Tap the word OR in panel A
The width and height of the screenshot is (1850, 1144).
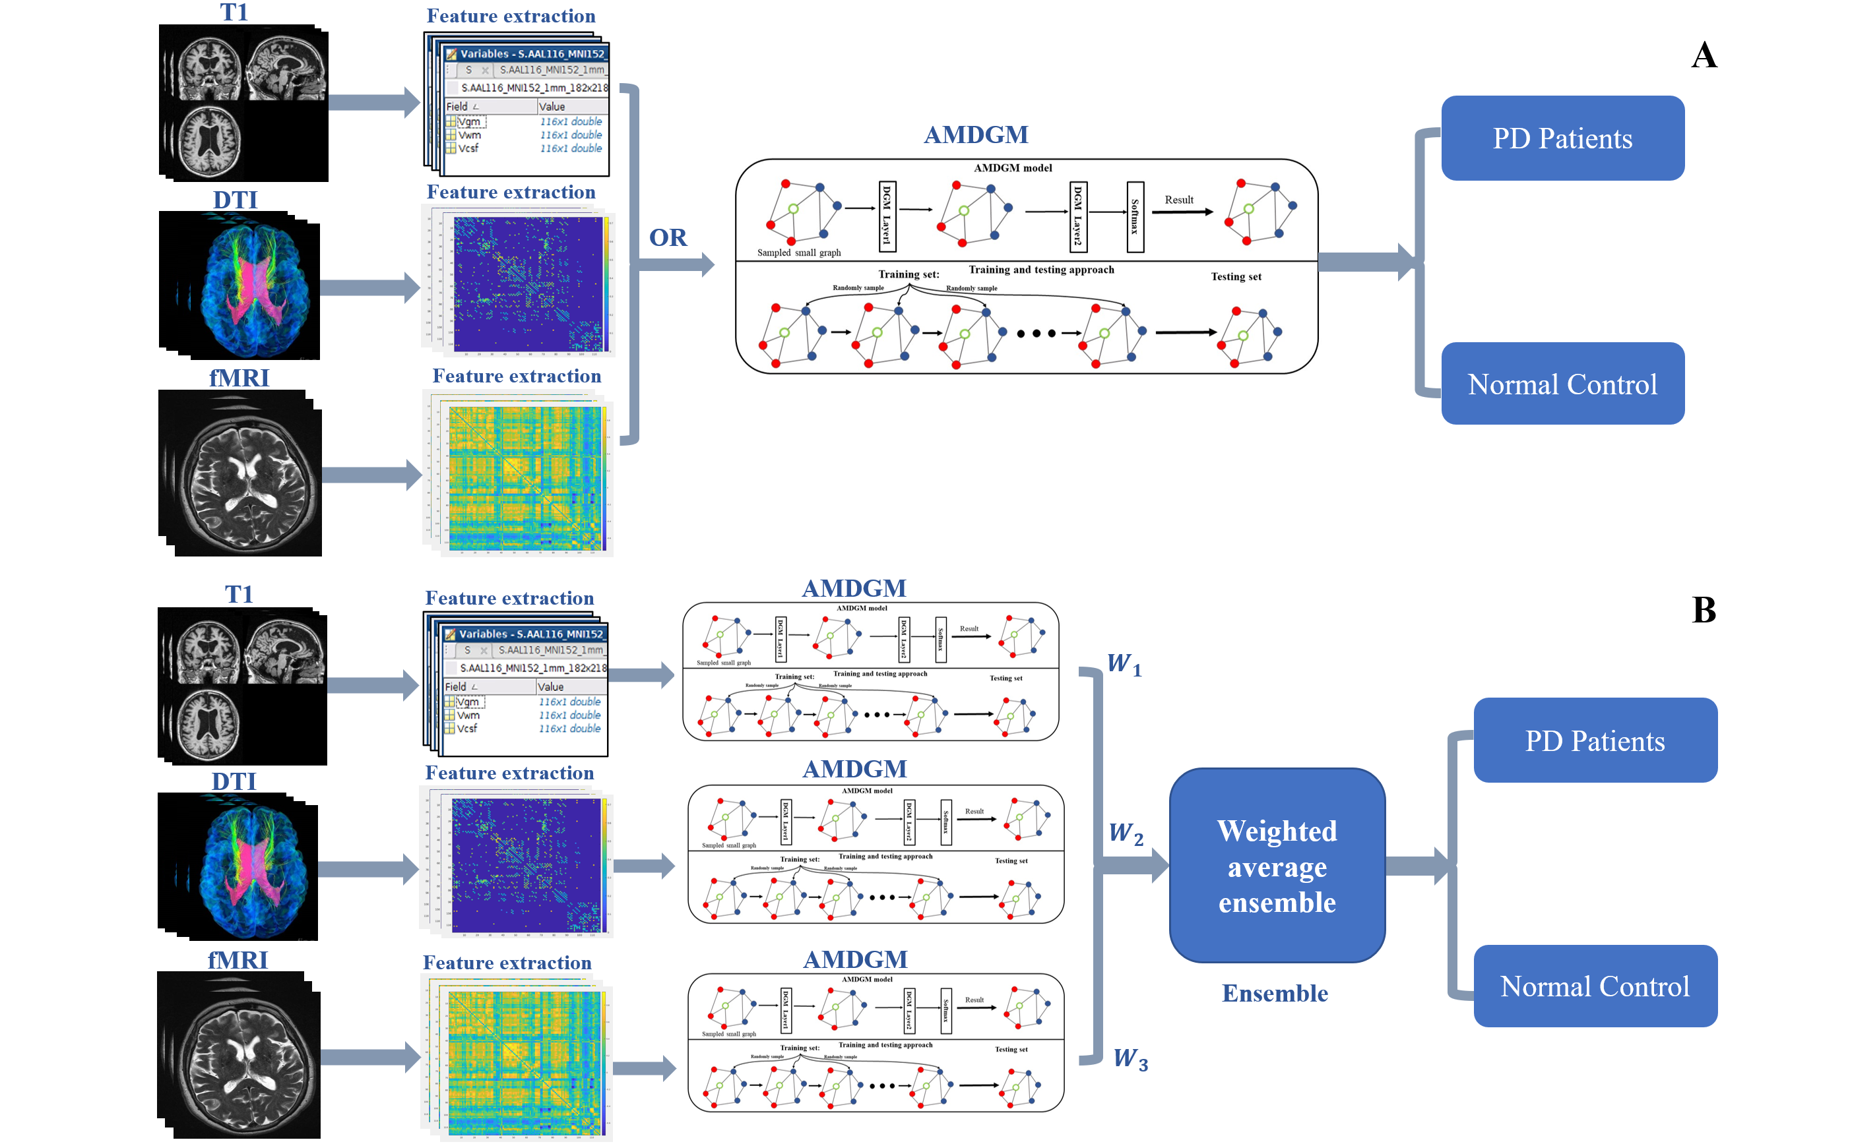668,237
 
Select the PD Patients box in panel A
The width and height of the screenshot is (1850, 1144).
1562,138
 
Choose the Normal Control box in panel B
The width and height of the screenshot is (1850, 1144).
1594,986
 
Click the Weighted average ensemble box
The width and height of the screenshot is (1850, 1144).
1276,866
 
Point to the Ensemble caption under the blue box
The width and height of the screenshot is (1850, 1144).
1275,994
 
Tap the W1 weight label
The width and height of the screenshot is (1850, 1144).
1124,663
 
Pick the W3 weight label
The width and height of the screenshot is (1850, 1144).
1130,1058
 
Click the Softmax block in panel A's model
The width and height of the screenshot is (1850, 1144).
1134,216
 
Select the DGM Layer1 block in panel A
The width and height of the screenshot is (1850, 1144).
887,216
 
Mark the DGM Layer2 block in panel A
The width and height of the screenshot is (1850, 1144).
1078,216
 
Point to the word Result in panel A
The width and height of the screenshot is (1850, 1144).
1178,200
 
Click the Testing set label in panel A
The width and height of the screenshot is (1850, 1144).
1235,277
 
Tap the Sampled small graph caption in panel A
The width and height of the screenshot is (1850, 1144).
798,253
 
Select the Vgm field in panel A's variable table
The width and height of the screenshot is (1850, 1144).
469,122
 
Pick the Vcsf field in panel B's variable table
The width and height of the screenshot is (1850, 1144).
467,729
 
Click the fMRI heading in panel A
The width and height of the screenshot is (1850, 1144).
238,378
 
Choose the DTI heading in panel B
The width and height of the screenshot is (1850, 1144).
234,781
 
